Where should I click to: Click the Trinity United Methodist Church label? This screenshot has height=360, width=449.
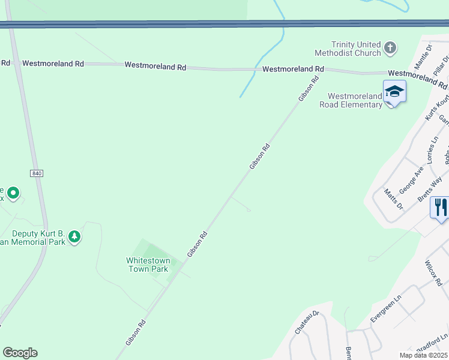(x=348, y=49)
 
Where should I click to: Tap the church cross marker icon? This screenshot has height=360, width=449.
(x=390, y=47)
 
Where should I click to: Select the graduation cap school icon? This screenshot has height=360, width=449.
(x=394, y=92)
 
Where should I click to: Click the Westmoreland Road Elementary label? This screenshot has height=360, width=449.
(x=355, y=100)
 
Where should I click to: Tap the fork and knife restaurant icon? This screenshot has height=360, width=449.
(x=441, y=208)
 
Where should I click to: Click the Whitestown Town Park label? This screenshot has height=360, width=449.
(x=148, y=265)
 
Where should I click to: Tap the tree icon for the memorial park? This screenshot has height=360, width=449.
(x=74, y=236)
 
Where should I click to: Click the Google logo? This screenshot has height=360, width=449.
(x=20, y=353)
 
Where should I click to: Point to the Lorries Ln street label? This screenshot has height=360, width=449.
(x=434, y=149)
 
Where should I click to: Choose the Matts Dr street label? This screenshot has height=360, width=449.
(x=394, y=198)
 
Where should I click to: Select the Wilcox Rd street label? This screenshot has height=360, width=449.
(x=433, y=273)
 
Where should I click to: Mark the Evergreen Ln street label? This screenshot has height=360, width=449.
(x=385, y=310)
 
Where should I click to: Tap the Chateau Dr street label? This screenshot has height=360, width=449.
(x=305, y=323)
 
